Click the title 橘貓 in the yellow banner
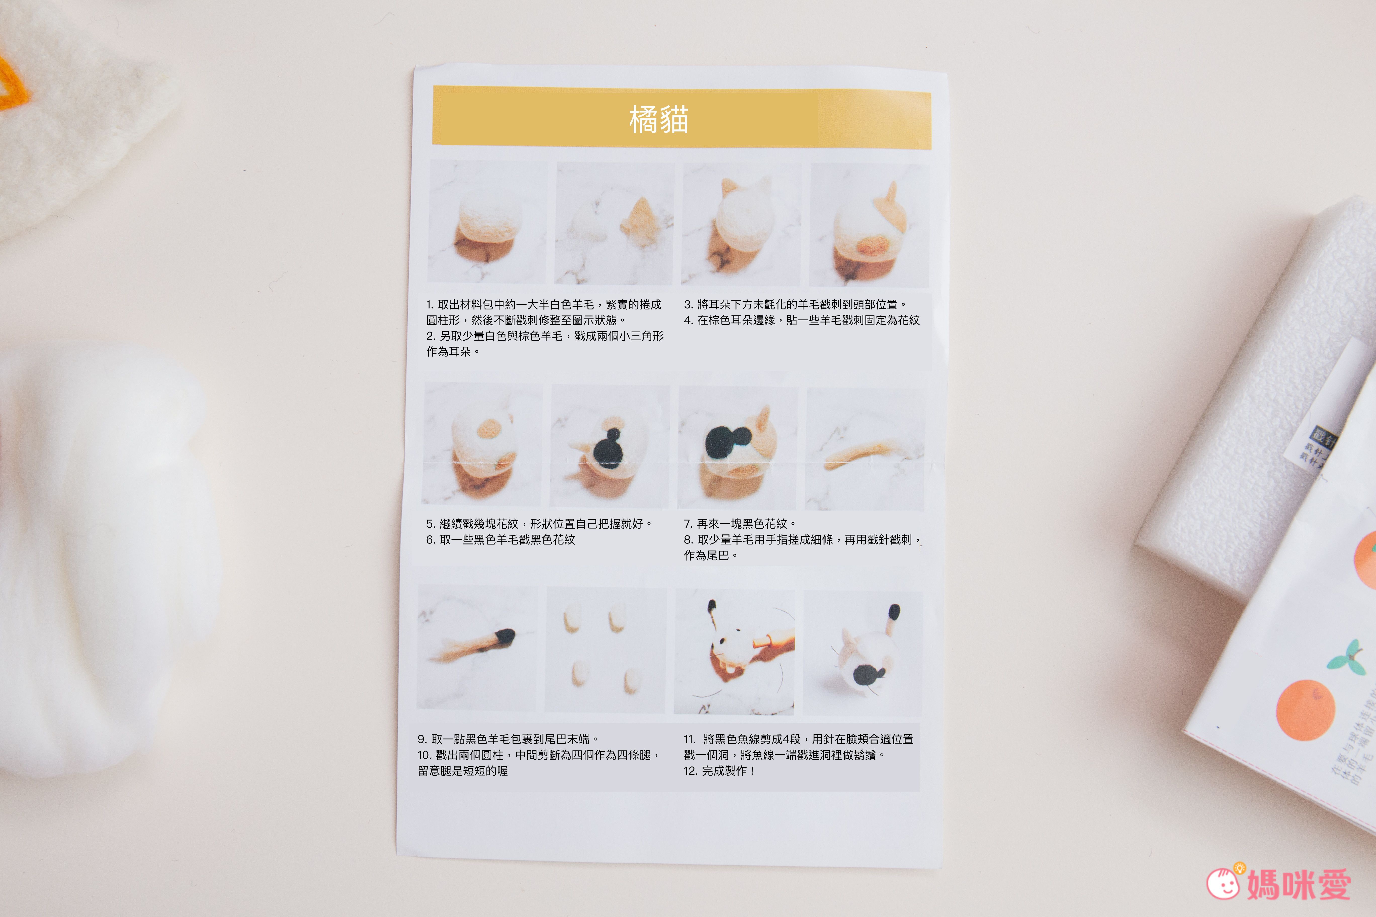click(x=659, y=120)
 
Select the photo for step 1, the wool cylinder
click(x=487, y=222)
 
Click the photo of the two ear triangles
click(x=614, y=223)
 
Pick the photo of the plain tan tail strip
click(x=865, y=449)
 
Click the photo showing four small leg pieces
click(x=606, y=650)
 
